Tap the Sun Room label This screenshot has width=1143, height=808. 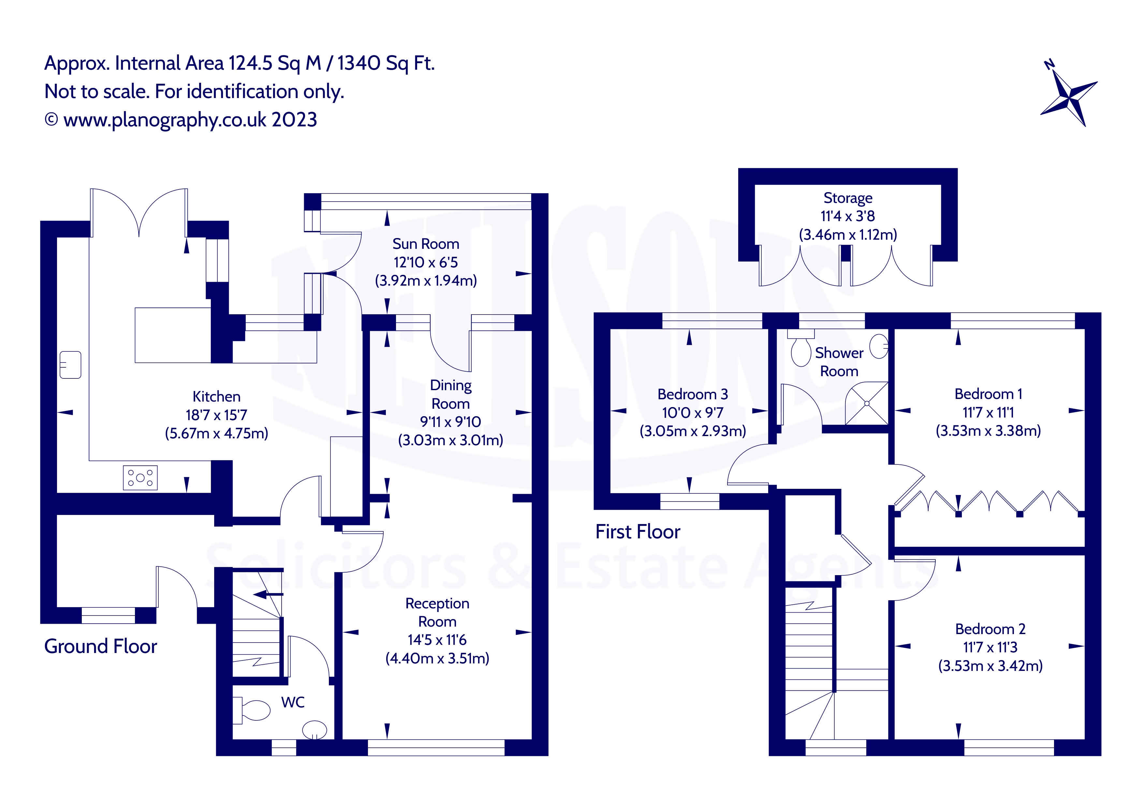point(426,244)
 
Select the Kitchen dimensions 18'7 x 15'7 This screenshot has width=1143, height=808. point(216,415)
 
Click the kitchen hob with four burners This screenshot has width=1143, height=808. point(140,478)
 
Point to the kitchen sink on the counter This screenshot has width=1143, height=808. point(70,365)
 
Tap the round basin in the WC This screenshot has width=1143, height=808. point(315,730)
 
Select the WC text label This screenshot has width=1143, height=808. point(293,702)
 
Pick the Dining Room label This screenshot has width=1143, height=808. point(450,394)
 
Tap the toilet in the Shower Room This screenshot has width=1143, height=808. point(800,350)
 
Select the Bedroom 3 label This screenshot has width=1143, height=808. point(693,394)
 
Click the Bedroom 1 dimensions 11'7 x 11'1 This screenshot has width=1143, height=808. point(988,412)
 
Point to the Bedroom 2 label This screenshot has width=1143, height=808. point(990,629)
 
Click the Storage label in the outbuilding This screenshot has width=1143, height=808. point(848,198)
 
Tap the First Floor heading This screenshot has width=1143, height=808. point(638,532)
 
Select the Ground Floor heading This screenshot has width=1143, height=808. point(101,646)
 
